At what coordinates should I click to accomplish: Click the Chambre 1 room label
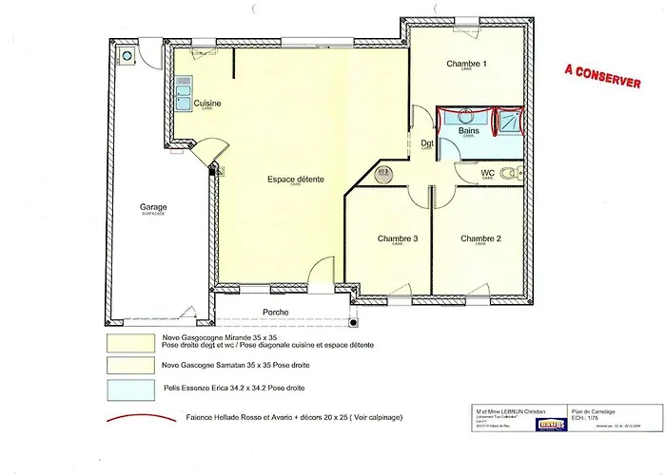(466, 65)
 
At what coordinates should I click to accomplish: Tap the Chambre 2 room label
(480, 238)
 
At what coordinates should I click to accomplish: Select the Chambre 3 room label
(397, 238)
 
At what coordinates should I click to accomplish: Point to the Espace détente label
(295, 179)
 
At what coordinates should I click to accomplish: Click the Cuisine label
(207, 104)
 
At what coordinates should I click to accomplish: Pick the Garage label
(153, 207)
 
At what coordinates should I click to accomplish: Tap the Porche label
(276, 312)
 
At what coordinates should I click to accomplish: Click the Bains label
(468, 130)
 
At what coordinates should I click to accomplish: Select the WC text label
(487, 173)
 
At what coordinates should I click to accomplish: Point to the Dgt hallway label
(427, 143)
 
